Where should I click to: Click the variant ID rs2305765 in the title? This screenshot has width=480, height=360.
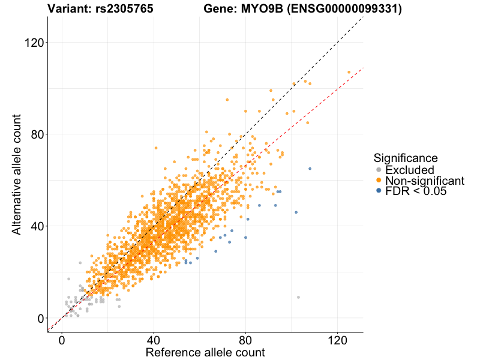point(124,9)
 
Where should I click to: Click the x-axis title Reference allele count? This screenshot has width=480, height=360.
point(205,352)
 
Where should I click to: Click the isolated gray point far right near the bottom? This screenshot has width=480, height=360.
point(298,297)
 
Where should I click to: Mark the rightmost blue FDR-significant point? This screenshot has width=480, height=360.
point(310,169)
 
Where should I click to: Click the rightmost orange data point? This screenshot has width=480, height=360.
point(349,72)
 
